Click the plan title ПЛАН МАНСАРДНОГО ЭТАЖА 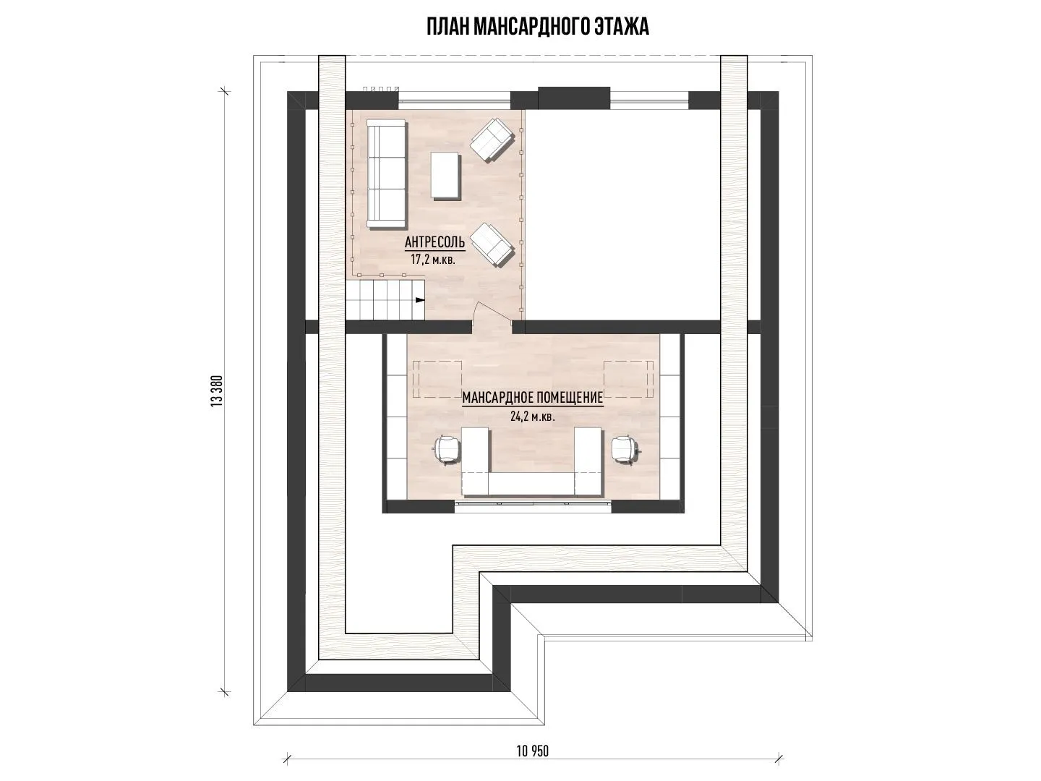[538, 27]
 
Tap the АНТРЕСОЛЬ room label [434, 242]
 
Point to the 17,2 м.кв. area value [433, 260]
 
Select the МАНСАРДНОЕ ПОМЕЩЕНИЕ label [533, 398]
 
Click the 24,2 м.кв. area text [533, 417]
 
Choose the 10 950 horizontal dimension [533, 751]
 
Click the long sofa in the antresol [387, 174]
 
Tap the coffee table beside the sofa [445, 175]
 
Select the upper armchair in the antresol [492, 140]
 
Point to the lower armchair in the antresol [492, 244]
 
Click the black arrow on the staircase [420, 299]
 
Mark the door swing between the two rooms [493, 312]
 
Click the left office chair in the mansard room [446, 448]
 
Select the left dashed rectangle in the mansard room [438, 380]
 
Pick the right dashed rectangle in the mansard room [628, 380]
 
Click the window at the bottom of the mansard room [533, 506]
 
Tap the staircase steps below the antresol [385, 299]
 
